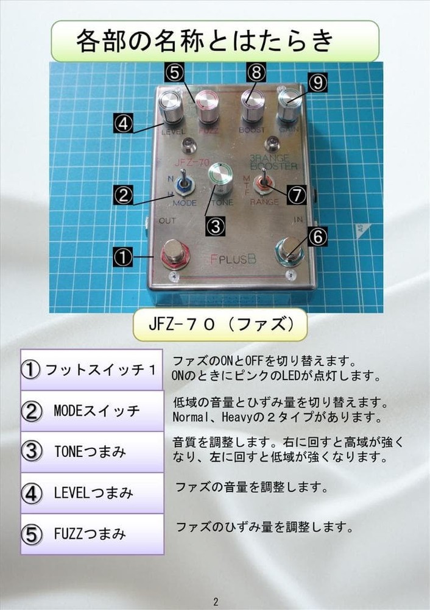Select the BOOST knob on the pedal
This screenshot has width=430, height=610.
tap(252, 106)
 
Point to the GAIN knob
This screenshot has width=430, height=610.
tap(289, 107)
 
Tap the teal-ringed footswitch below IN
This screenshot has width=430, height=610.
tap(290, 251)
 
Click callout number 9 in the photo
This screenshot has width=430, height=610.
tap(317, 82)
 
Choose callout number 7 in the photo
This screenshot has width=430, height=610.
tap(297, 195)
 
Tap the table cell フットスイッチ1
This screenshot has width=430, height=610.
tap(91, 370)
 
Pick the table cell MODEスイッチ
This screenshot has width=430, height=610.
tap(91, 411)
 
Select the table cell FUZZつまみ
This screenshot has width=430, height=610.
tap(91, 534)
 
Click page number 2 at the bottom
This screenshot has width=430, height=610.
tap(215, 601)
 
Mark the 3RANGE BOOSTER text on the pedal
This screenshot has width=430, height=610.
tap(273, 162)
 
